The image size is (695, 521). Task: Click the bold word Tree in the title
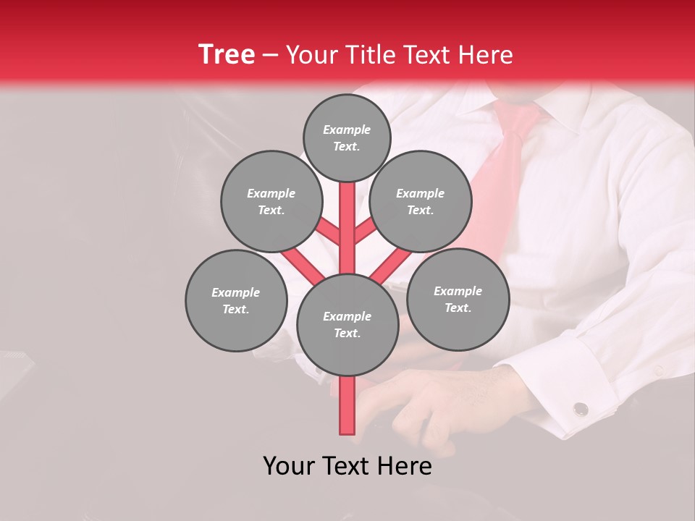click(x=227, y=54)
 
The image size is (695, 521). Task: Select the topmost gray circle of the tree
click(x=347, y=137)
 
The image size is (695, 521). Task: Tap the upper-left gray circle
click(x=271, y=201)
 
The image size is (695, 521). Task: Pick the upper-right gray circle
click(x=421, y=201)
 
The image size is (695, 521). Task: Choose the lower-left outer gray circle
click(x=236, y=300)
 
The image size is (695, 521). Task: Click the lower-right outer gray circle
click(x=458, y=299)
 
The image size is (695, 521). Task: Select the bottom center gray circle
click(x=347, y=325)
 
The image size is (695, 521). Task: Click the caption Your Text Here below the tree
click(x=347, y=466)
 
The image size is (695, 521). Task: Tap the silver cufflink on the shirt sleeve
click(x=581, y=409)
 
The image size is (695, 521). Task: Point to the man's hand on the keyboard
click(x=434, y=405)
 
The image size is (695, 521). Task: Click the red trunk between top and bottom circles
click(x=347, y=232)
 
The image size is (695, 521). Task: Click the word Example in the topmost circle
click(x=347, y=130)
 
